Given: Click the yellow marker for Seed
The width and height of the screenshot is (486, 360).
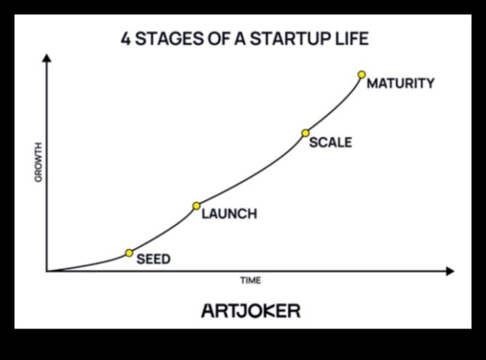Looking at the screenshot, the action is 129,253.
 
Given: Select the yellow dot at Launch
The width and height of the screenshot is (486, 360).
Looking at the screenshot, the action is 196,206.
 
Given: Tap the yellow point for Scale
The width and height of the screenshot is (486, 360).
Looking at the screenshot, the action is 305,133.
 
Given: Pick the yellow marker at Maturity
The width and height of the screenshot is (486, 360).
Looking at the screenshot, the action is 361,75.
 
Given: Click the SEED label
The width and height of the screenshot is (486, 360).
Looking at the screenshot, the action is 154,259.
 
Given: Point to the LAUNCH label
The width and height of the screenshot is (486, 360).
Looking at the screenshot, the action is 229,214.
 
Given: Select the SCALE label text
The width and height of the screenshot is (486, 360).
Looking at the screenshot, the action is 331,142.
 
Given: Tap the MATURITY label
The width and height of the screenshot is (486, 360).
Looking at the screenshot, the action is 400,83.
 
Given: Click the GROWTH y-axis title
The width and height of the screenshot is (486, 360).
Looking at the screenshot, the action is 37,162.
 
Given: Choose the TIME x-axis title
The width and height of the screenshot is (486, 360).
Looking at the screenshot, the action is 250,280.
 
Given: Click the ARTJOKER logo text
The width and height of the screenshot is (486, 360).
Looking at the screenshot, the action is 251,311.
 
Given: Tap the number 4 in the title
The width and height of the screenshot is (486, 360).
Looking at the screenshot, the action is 125,39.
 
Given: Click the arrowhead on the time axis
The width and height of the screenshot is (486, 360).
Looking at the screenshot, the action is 450,271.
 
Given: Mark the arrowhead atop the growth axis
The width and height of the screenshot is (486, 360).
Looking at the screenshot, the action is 46,58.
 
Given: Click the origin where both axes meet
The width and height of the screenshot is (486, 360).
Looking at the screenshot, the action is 46,271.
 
